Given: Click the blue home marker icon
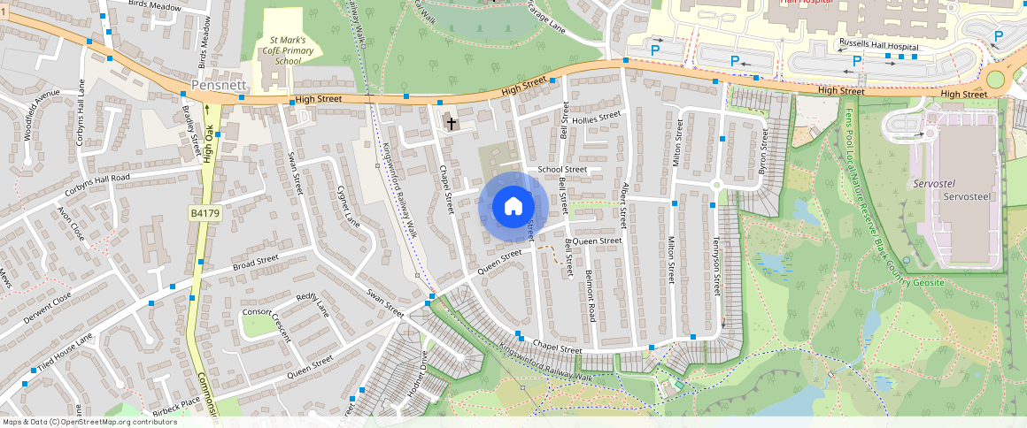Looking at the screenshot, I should point(513,207).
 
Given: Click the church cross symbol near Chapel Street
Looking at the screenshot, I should point(452,123).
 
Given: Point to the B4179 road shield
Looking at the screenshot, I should point(205,214).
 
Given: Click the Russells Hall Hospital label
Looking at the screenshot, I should point(877,45).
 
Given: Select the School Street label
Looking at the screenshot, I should point(562,169).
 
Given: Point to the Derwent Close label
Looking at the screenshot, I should point(49,310).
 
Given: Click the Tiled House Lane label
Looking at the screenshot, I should point(59,353).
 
